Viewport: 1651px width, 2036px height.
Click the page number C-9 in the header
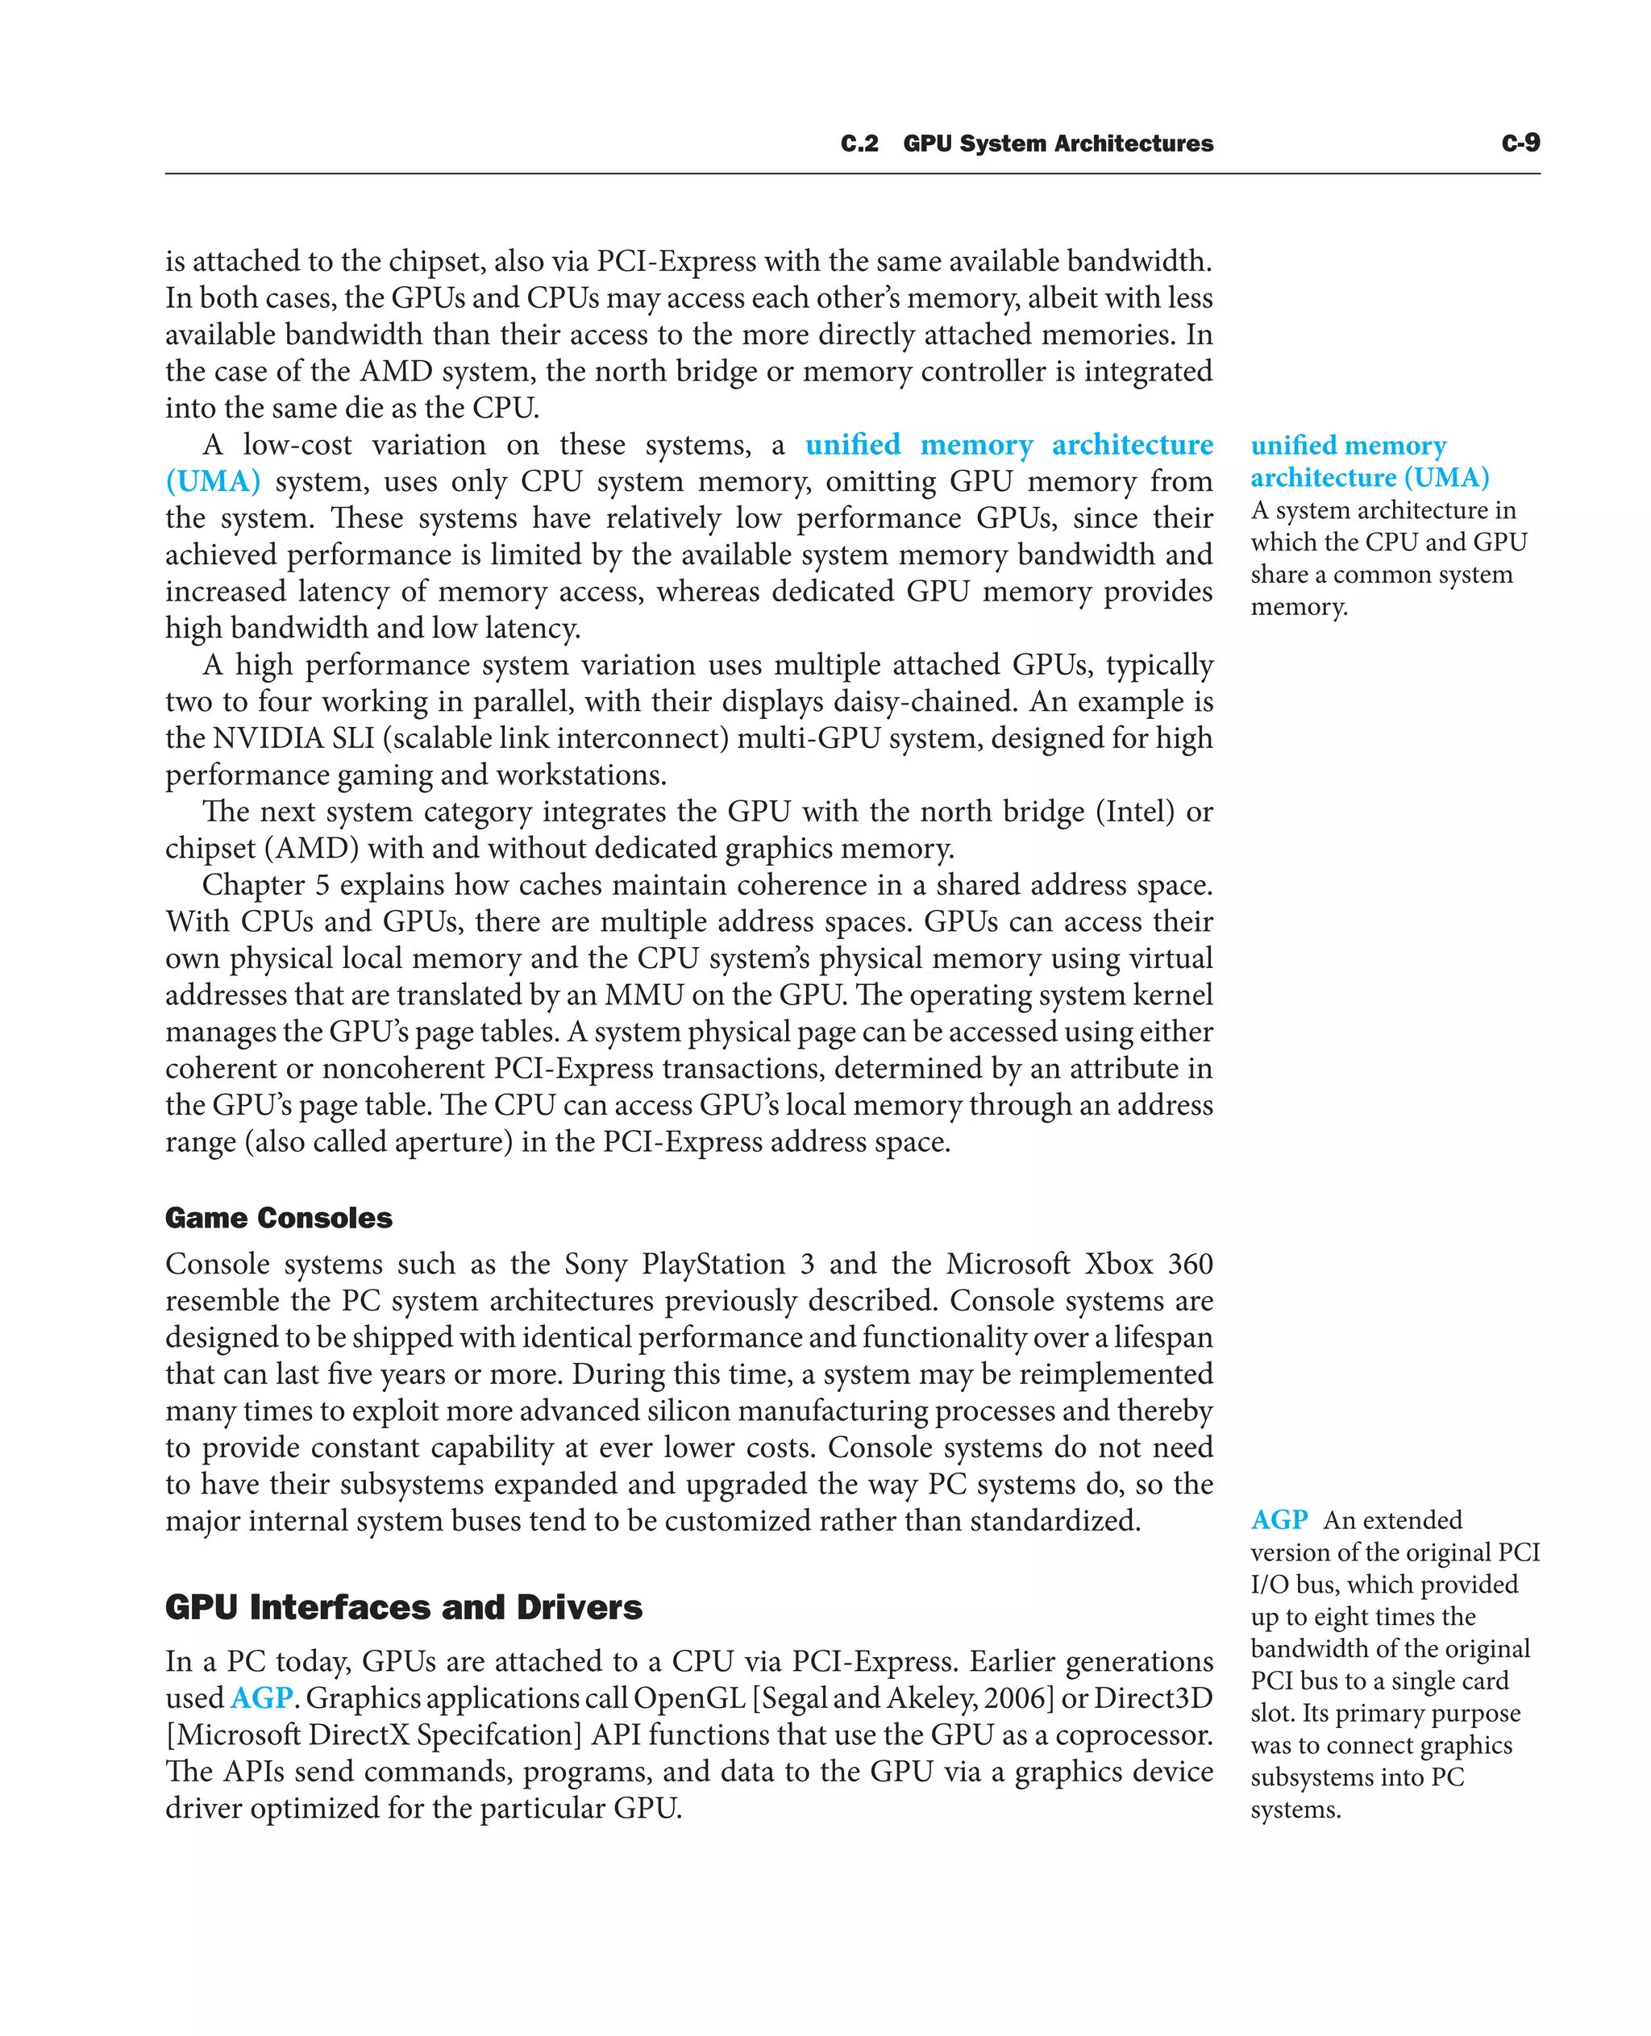pyautogui.click(x=1520, y=143)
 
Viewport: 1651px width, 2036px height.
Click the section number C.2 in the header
pyautogui.click(x=859, y=143)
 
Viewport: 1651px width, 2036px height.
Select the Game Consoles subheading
pyautogui.click(x=279, y=1217)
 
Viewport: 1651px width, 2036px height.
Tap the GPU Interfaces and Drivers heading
pyautogui.click(x=403, y=1606)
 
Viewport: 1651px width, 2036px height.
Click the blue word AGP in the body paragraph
pyautogui.click(x=261, y=1697)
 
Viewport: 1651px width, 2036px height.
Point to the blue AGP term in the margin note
pyautogui.click(x=1279, y=1519)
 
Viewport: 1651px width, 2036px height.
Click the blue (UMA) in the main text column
pyautogui.click(x=213, y=481)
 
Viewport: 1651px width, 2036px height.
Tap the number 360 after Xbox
pyautogui.click(x=1190, y=1264)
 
